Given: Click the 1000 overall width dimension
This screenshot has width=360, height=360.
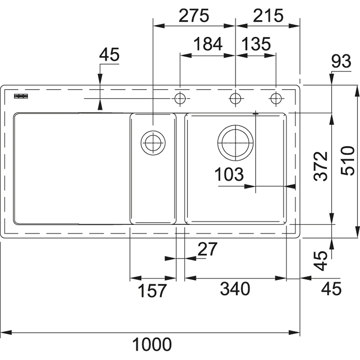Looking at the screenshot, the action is (x=152, y=344).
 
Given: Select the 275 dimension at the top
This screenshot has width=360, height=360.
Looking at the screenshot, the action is (x=194, y=16).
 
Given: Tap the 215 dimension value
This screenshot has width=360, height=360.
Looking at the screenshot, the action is (x=268, y=16).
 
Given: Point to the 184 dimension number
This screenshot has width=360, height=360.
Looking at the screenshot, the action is (x=208, y=44).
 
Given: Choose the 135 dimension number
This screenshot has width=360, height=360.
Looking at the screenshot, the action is (x=256, y=44).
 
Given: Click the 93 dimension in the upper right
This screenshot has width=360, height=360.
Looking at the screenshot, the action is (x=341, y=61).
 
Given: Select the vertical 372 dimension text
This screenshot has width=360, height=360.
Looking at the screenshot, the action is (x=321, y=166).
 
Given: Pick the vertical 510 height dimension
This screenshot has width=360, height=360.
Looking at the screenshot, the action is (x=347, y=161).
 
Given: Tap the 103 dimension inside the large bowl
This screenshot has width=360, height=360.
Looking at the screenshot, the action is (x=229, y=174).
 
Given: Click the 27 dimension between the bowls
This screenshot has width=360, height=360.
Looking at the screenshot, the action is (x=207, y=249).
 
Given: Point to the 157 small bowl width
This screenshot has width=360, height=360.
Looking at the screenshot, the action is (x=152, y=291).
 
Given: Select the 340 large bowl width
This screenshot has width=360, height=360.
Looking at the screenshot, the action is (x=235, y=289).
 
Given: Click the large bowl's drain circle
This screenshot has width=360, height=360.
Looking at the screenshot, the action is (x=235, y=143).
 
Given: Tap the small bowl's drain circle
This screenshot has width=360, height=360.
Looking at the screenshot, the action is (x=153, y=143).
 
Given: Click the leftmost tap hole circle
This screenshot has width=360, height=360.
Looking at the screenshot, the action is (x=180, y=98).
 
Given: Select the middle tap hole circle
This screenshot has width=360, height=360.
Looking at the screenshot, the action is (x=235, y=98).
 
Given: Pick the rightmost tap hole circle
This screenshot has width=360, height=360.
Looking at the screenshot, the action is (x=276, y=98).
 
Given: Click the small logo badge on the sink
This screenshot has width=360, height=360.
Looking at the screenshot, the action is (x=21, y=96).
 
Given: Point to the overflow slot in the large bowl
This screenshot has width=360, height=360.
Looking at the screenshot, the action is (x=255, y=113).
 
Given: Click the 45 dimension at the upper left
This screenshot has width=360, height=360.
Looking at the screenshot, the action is (x=109, y=55).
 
